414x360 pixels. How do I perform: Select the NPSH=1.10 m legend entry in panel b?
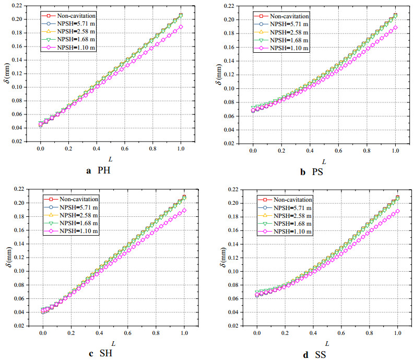click(x=284, y=49)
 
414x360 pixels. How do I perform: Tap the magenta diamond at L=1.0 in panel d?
click(x=397, y=211)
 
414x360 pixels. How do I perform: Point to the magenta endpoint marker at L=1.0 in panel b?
click(x=395, y=28)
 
